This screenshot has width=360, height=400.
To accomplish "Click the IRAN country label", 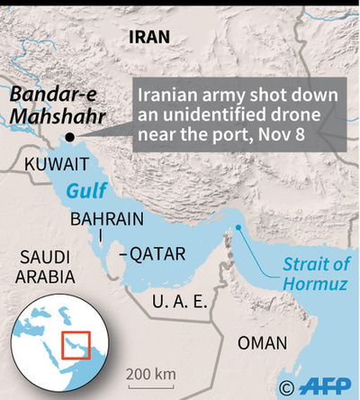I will pos(148,36).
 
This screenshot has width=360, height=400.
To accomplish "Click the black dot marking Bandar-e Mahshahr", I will pos(68,137).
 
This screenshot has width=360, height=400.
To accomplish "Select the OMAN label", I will pos(263,343).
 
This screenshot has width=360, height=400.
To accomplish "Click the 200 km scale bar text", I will pos(150,374).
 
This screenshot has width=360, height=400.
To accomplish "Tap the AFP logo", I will pos(323,386).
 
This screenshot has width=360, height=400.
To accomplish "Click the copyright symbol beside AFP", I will pos(286,387).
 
